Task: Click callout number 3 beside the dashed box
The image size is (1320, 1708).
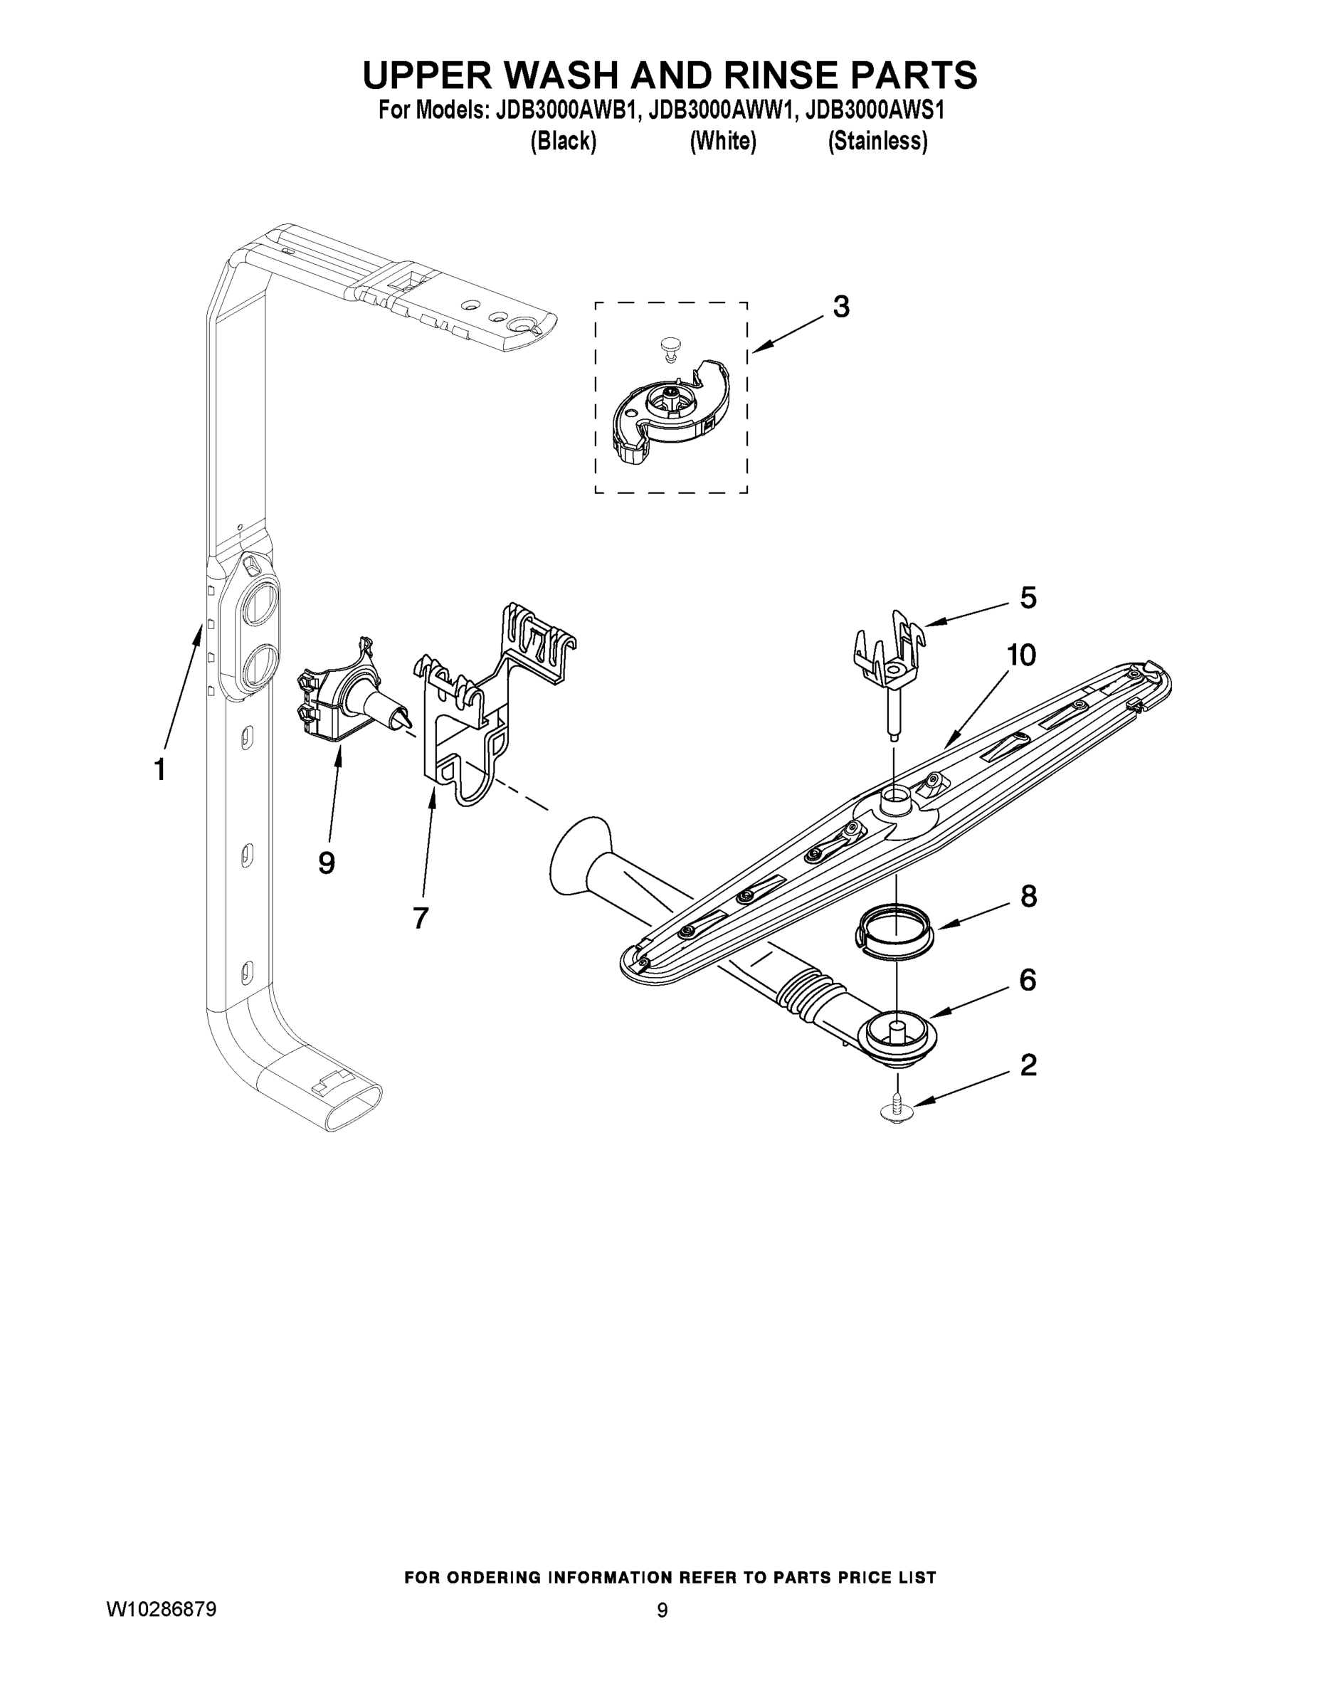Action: tap(840, 307)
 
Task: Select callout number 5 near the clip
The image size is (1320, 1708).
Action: tap(1028, 598)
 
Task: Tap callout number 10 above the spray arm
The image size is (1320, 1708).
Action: tap(1020, 655)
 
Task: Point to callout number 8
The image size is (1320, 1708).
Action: tap(1028, 896)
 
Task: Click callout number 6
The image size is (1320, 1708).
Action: tap(1028, 979)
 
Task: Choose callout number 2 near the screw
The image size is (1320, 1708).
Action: tap(1028, 1065)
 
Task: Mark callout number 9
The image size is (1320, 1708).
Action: tap(327, 863)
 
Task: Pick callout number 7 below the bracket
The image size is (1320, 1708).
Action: tap(421, 917)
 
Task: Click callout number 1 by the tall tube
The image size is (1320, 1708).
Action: tap(159, 769)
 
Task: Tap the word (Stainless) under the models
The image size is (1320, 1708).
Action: tap(877, 142)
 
